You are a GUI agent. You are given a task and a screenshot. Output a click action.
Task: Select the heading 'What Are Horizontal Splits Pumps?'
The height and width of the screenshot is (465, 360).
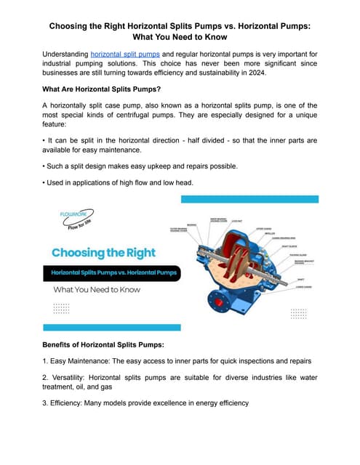point(101,93)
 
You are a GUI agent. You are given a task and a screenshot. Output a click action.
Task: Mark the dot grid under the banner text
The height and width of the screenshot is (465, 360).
point(62,308)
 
